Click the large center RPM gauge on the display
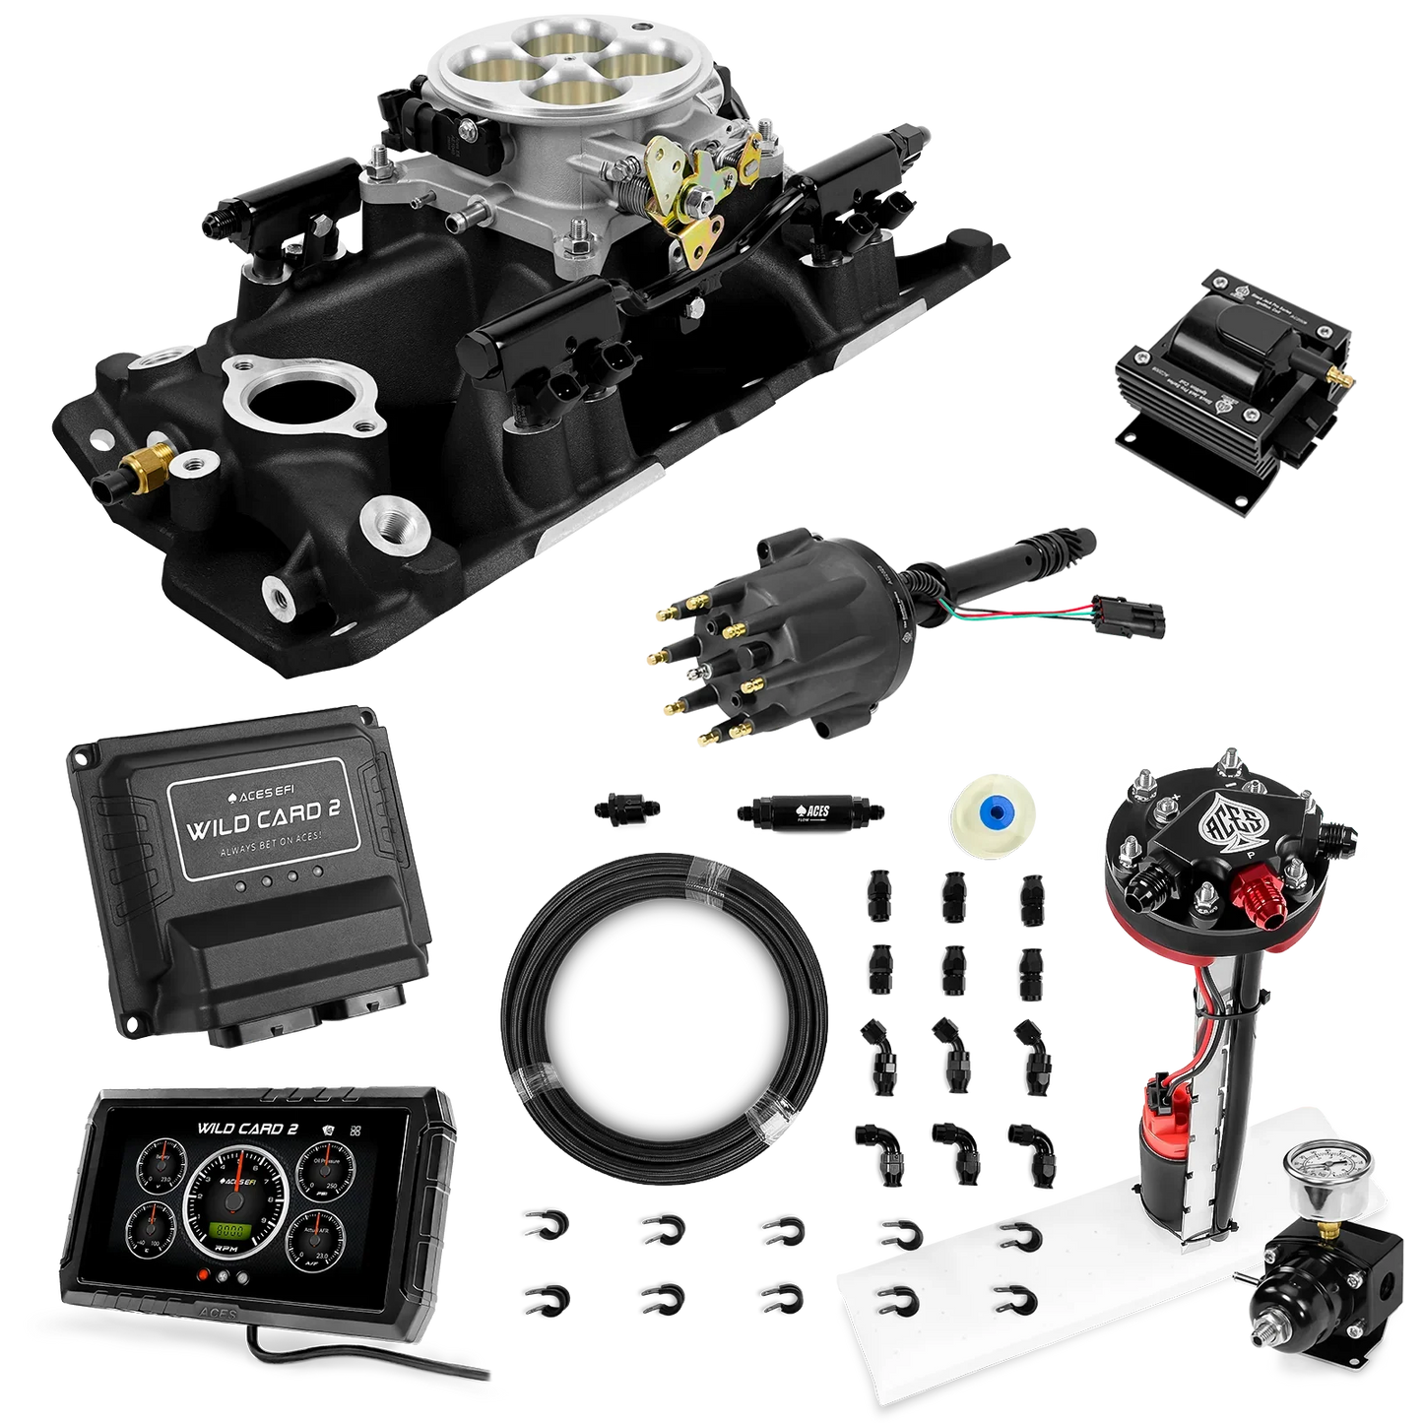click(x=234, y=1195)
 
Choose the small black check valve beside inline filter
click(x=626, y=809)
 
